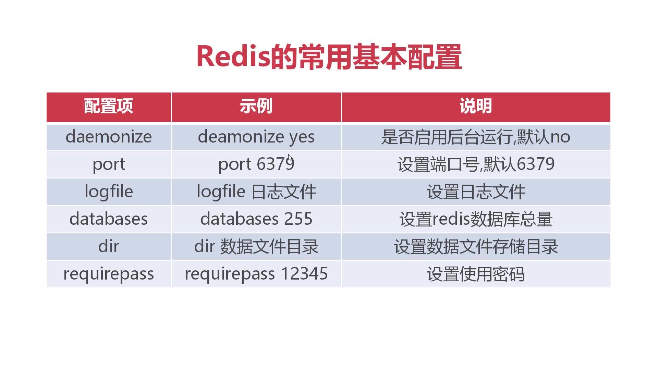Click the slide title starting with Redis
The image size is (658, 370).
329,57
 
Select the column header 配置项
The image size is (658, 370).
109,106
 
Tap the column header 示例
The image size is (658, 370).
256,106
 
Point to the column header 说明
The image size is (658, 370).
476,106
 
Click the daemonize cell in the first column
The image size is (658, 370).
109,137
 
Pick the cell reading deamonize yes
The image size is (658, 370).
256,137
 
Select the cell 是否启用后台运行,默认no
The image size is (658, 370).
476,137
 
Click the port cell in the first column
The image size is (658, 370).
109,165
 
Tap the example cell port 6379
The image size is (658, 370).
256,164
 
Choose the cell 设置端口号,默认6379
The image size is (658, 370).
476,164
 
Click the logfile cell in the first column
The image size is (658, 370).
109,192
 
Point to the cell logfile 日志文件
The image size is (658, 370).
256,192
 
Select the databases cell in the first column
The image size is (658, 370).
109,219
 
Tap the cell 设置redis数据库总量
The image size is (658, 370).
476,219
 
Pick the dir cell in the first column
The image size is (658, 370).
109,246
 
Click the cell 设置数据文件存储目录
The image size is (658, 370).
476,247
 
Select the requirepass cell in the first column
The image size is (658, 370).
109,274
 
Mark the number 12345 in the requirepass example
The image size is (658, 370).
304,274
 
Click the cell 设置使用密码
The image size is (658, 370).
476,274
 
